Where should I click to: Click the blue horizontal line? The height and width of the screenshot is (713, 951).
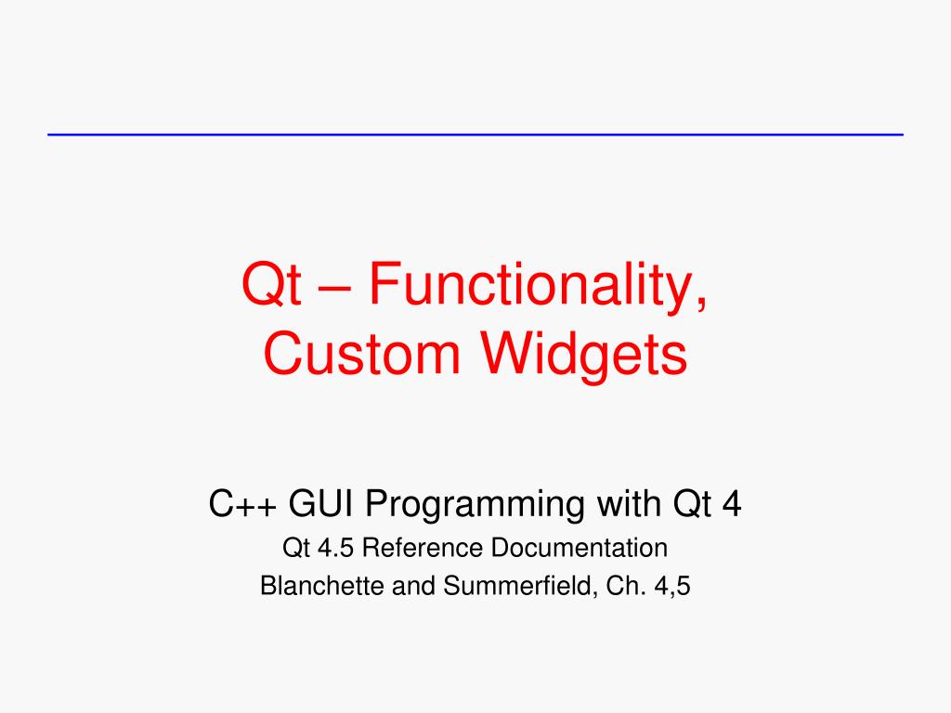(475, 135)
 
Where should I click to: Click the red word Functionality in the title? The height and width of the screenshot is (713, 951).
(538, 286)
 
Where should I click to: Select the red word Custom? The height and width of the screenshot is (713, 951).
(361, 354)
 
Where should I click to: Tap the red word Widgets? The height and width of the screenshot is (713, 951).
(584, 357)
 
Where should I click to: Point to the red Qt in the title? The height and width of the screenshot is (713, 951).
(271, 284)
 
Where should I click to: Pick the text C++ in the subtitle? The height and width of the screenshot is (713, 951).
(242, 503)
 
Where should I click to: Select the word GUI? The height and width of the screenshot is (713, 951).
(320, 503)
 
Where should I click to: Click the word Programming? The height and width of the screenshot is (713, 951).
(475, 506)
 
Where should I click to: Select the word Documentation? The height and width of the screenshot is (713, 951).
(580, 548)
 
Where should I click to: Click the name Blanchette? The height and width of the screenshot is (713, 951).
(322, 587)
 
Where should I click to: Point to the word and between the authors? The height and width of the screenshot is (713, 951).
(413, 587)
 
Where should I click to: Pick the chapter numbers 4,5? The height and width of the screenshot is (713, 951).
(672, 587)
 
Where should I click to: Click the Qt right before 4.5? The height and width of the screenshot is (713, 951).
(296, 549)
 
